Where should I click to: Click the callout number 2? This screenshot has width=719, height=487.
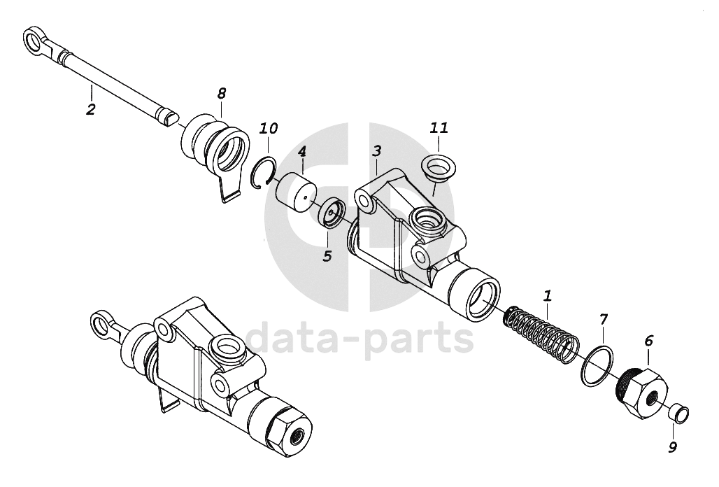coord(91,109)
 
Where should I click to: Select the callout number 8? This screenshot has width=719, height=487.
coord(222,92)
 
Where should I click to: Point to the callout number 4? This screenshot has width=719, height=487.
coord(301,151)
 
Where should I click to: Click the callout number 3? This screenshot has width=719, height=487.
coord(376,151)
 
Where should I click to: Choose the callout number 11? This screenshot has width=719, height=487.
coord(439,127)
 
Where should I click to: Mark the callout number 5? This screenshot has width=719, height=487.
coord(327,255)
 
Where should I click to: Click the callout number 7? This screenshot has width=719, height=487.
coord(604,320)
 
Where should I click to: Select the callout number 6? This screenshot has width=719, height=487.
coord(648,341)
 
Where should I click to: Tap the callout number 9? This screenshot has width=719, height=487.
coord(672,447)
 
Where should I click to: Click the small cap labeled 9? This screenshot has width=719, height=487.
coord(677,414)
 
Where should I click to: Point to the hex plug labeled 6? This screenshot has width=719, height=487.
coord(642,393)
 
